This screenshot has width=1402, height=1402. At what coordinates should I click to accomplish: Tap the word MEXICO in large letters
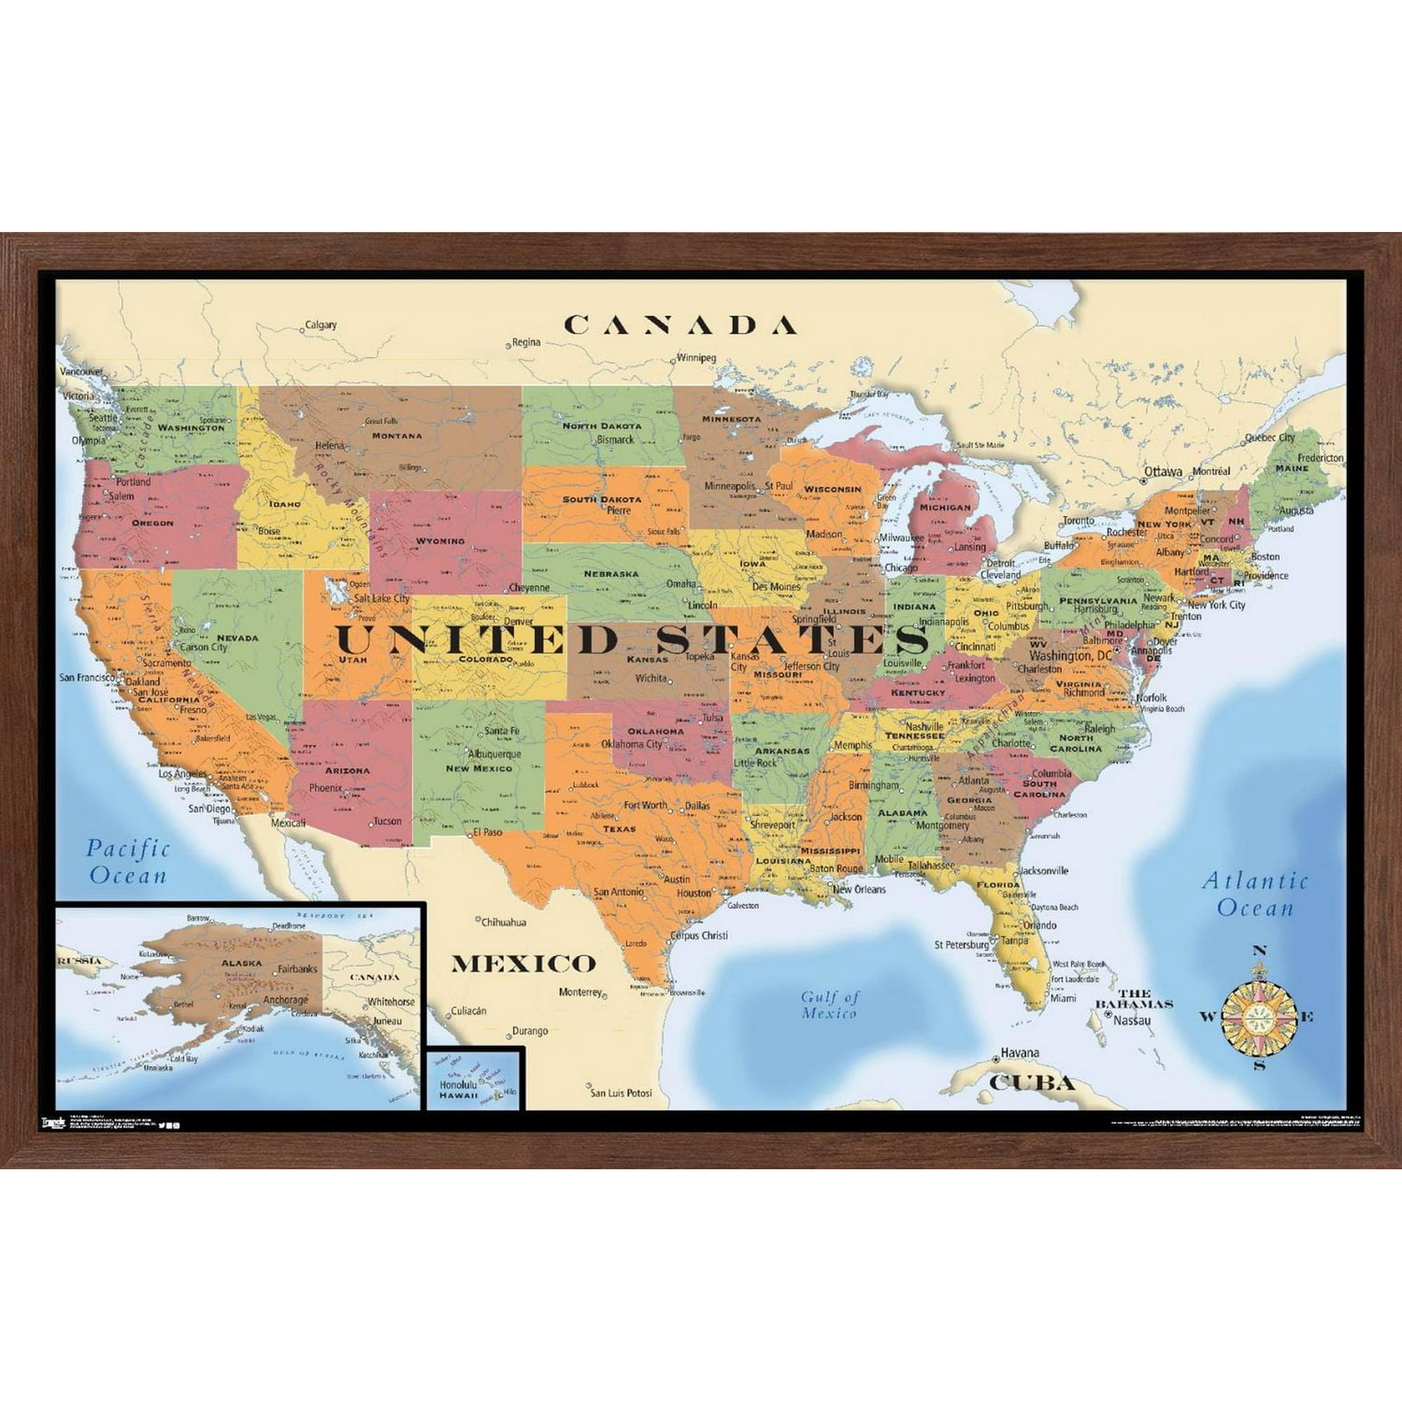[523, 964]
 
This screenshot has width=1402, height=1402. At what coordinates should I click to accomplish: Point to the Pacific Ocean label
[128, 862]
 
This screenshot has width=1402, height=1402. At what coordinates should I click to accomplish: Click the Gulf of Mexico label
[829, 1005]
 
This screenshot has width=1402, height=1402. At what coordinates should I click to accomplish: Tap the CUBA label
[1031, 1084]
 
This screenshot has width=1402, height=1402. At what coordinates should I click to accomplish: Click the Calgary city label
[321, 325]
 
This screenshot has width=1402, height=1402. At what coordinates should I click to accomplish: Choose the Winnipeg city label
[697, 358]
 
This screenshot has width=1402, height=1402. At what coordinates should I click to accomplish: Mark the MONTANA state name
[397, 435]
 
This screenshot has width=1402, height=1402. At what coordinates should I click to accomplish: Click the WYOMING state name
[440, 540]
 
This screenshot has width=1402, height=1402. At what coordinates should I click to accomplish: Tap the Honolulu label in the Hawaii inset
[456, 1085]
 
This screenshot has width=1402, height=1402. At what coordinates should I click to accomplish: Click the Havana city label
[1019, 1052]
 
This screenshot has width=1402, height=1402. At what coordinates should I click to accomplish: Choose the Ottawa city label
[1164, 471]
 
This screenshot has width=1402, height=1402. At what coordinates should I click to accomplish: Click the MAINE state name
[1293, 468]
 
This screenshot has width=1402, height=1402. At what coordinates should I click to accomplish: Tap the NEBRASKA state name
[611, 573]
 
